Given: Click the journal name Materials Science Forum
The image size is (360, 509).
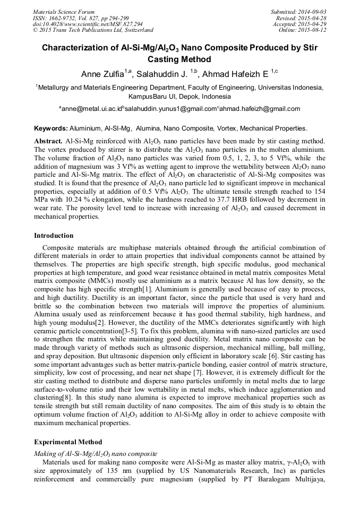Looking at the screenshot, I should [64, 12].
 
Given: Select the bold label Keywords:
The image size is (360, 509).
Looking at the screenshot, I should [50, 128].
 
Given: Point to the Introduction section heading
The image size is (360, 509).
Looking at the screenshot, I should [54, 235].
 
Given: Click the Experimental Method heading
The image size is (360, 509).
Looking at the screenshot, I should [68, 442].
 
